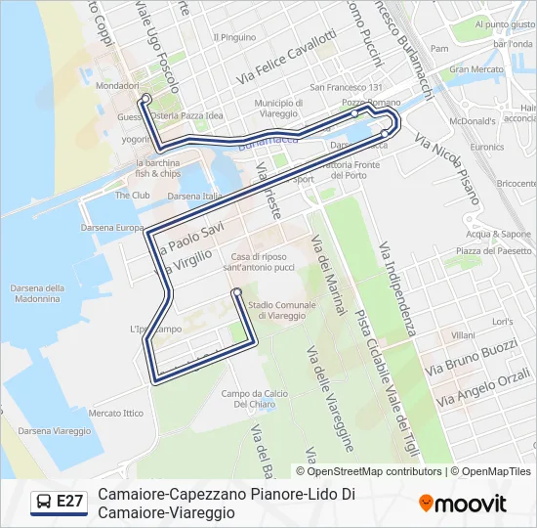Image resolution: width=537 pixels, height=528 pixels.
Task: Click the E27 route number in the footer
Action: (x=70, y=502)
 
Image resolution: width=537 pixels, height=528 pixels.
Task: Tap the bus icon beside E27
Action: (x=43, y=502)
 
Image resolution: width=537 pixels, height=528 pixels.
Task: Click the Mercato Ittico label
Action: (x=115, y=413)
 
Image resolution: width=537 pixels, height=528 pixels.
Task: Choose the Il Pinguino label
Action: (x=233, y=37)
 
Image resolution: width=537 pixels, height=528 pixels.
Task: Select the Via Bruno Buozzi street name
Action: (x=472, y=358)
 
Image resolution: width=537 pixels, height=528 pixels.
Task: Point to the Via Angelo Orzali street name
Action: (x=484, y=387)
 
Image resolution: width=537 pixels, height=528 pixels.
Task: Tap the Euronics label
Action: (x=487, y=147)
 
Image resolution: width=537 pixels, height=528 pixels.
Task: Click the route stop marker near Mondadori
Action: (x=145, y=99)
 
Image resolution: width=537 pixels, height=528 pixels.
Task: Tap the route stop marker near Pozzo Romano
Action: (x=354, y=113)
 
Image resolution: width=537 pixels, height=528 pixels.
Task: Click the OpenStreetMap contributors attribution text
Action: (x=375, y=471)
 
